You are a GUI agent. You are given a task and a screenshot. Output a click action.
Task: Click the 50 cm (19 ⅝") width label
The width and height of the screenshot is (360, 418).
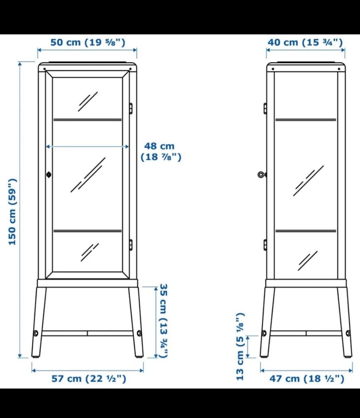88,42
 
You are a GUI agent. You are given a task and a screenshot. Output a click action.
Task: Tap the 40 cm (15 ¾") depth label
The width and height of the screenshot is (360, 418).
305,42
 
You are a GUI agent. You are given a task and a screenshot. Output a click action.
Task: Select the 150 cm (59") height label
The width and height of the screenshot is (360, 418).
12,212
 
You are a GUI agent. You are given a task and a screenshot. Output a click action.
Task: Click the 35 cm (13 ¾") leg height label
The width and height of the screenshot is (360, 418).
163,321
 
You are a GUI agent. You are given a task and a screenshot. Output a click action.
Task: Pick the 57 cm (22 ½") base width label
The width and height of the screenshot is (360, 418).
89,379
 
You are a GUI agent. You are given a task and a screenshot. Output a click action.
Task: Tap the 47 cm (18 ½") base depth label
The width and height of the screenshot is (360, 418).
307,379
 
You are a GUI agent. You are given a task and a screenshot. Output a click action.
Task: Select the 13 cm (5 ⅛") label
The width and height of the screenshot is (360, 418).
240,346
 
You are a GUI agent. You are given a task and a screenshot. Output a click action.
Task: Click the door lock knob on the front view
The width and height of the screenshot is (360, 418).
49,174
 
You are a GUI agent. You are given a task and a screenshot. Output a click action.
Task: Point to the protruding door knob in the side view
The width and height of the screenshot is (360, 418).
262,175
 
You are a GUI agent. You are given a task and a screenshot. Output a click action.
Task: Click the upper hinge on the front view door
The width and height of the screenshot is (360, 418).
131,108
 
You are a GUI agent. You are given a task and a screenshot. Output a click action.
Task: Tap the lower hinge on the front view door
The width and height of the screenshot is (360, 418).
131,245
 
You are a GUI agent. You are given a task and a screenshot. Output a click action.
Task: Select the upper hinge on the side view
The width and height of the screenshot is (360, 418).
265,108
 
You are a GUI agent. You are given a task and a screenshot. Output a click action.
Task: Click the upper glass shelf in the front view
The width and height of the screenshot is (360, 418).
87,120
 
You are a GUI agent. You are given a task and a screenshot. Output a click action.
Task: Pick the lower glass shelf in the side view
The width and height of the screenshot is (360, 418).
306,231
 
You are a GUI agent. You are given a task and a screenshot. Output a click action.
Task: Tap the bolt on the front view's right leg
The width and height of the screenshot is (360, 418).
139,333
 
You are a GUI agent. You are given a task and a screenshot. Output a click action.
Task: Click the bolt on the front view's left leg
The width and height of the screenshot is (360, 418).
36,333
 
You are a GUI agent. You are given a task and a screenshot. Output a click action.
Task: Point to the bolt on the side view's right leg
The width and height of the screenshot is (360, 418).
348,333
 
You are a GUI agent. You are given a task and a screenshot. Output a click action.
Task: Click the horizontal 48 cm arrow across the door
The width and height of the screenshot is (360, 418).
87,146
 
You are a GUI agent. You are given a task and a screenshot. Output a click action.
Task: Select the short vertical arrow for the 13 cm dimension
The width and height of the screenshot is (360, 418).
247,347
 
